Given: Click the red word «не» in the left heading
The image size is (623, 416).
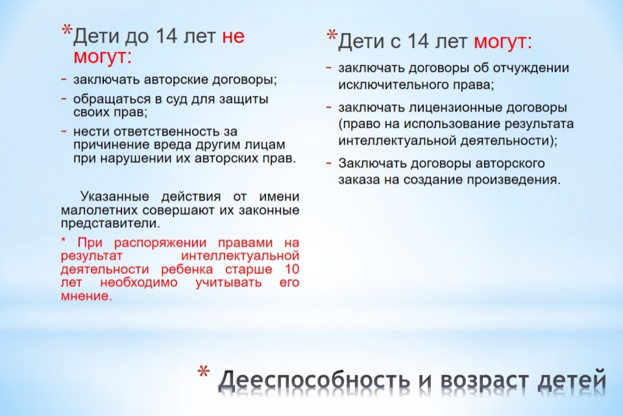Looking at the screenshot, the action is [x=233, y=37].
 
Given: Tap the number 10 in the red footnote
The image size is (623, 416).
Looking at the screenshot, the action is [x=292, y=269].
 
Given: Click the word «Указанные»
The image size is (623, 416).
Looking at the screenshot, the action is [x=115, y=197].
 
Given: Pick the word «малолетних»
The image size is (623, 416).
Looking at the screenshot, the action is [x=99, y=210].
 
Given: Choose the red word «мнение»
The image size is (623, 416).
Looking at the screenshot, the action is [x=86, y=296].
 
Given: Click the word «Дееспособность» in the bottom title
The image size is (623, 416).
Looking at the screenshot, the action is [x=314, y=380].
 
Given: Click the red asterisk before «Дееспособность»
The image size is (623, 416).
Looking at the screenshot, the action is [x=204, y=372].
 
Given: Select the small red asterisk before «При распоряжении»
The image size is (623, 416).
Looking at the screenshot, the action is [x=64, y=240].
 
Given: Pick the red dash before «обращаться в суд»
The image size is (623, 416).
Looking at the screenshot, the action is [x=64, y=98].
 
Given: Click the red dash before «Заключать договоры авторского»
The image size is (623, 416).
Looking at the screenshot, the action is [x=329, y=162].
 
